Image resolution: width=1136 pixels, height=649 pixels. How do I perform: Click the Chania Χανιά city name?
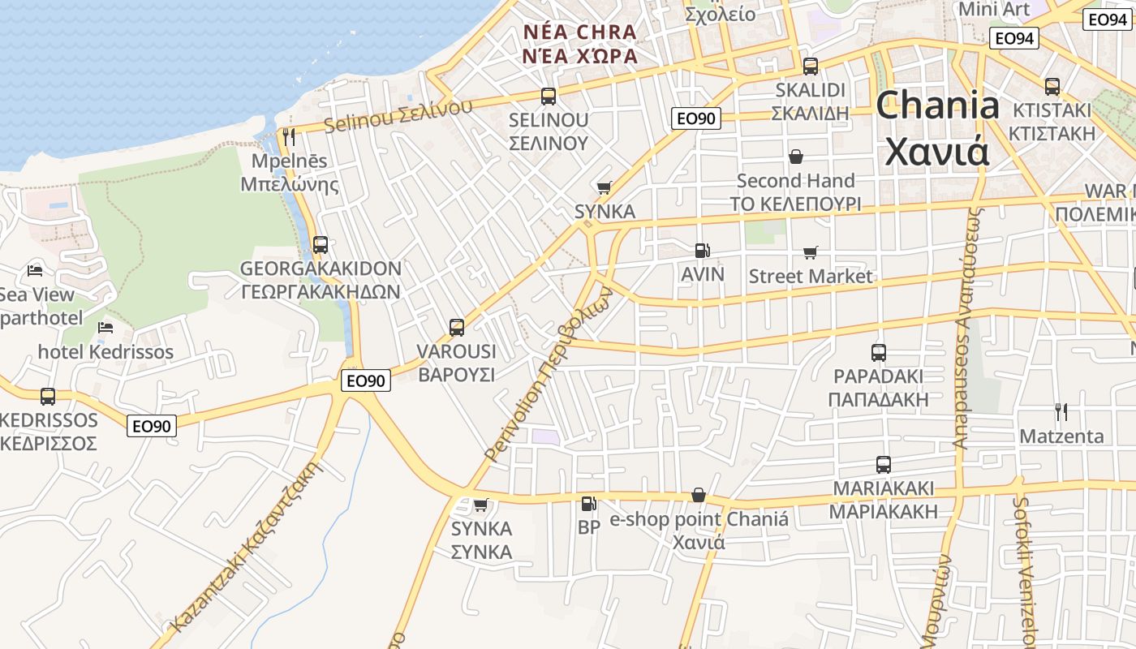pyautogui.click(x=937, y=128)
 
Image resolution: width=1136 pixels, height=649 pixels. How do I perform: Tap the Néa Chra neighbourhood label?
pyautogui.click(x=580, y=44)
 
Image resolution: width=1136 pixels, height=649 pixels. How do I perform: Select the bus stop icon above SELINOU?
pyautogui.click(x=549, y=97)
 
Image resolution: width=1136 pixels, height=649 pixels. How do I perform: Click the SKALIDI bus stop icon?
pyautogui.click(x=810, y=67)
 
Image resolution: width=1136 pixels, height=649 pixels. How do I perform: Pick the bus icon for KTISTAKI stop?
pyautogui.click(x=1052, y=86)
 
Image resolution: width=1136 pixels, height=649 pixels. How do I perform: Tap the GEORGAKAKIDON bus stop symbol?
pyautogui.click(x=321, y=244)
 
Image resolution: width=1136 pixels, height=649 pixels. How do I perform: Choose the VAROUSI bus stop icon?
pyautogui.click(x=457, y=328)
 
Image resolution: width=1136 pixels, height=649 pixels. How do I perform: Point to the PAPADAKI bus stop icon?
pyautogui.click(x=879, y=353)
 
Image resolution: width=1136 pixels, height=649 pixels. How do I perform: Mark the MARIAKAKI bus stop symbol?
pyautogui.click(x=884, y=465)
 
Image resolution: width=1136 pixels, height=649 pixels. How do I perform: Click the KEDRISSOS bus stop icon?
pyautogui.click(x=48, y=397)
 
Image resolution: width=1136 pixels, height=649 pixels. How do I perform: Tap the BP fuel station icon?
pyautogui.click(x=588, y=504)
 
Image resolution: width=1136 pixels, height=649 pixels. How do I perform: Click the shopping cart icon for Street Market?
pyautogui.click(x=810, y=253)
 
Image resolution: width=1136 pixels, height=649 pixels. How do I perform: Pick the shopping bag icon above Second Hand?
pyautogui.click(x=796, y=156)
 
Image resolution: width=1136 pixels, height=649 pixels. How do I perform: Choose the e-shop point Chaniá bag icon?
pyautogui.click(x=698, y=495)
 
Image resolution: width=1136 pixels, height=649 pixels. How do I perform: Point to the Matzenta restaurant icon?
pyautogui.click(x=1060, y=412)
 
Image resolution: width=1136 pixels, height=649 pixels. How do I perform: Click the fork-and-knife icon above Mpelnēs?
pyautogui.click(x=289, y=136)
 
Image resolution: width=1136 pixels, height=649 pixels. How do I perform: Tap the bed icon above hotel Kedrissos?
pyautogui.click(x=105, y=328)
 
